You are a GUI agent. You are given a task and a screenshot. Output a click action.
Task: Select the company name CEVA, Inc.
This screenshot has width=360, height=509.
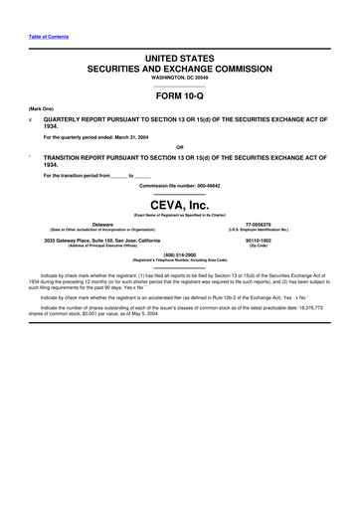pos(180,204)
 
